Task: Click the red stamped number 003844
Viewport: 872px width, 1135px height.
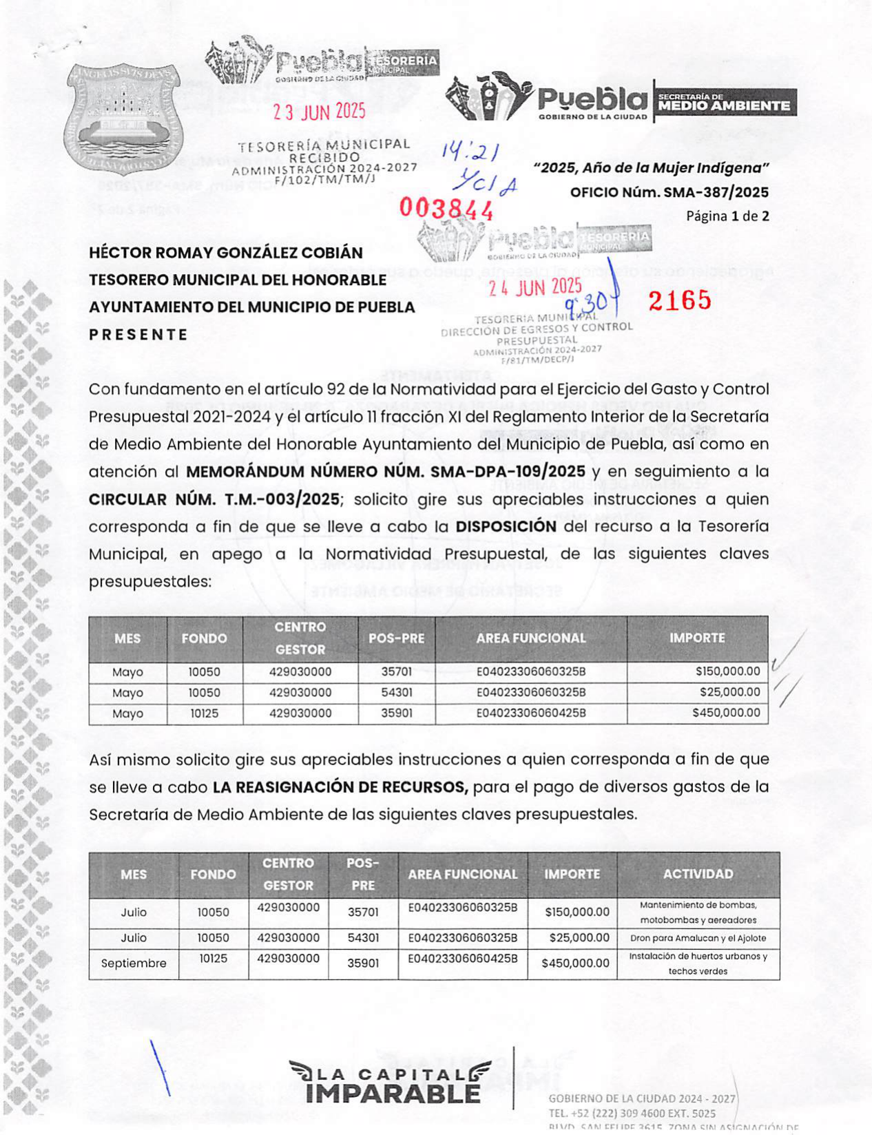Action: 446,207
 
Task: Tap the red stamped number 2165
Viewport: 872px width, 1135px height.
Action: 679,300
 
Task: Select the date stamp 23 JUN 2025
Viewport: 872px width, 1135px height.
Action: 319,112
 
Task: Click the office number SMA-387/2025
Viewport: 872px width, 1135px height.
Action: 716,192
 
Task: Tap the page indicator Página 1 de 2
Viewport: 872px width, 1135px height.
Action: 727,216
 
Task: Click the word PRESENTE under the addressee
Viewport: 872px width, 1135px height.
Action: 138,335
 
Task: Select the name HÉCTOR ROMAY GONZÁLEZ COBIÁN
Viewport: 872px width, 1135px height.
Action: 225,253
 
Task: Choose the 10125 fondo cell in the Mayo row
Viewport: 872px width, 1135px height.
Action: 205,714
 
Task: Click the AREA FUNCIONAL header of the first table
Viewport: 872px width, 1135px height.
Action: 531,638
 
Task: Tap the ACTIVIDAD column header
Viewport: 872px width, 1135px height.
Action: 698,874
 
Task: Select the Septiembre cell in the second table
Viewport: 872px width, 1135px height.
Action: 134,963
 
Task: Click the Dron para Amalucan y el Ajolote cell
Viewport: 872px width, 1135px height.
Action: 698,938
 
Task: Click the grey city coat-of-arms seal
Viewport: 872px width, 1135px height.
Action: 124,117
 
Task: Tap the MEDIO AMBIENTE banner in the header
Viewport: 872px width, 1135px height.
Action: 724,103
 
